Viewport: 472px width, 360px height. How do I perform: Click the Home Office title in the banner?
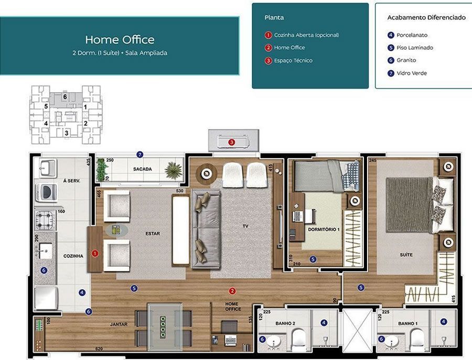[120, 40]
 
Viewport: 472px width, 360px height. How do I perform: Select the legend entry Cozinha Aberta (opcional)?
[306, 35]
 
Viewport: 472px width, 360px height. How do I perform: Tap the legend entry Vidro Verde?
[412, 73]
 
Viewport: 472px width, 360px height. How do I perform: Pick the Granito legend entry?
[406, 60]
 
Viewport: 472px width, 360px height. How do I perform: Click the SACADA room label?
[142, 169]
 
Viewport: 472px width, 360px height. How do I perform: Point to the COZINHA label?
[73, 256]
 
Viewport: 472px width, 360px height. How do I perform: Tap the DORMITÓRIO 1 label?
[324, 229]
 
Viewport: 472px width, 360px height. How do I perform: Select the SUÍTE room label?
[406, 255]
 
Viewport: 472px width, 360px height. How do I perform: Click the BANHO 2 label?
[285, 323]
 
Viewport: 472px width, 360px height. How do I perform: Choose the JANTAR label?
[119, 324]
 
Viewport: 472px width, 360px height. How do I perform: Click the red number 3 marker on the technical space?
[231, 142]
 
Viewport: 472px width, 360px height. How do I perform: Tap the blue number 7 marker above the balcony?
[140, 155]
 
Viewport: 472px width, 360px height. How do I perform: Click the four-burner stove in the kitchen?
[45, 221]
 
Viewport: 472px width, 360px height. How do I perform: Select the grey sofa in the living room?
[206, 228]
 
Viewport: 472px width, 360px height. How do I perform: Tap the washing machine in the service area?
[46, 191]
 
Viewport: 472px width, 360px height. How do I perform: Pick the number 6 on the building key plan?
[65, 97]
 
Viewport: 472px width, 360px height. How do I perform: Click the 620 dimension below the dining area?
[99, 349]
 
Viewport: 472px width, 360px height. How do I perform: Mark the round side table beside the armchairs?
[116, 230]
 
